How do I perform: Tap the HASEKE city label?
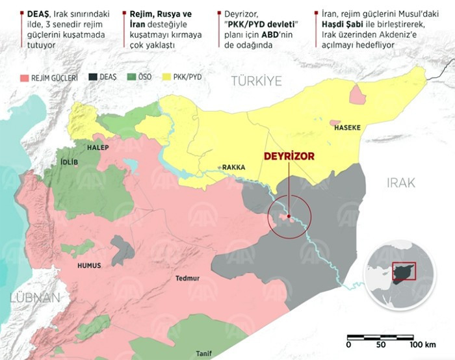point(347,128)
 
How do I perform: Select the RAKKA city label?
point(233,167)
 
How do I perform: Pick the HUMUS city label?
point(90,266)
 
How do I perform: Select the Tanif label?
point(203,354)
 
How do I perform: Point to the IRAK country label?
point(400,183)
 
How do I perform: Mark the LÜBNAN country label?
point(34,298)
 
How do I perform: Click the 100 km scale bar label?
point(424,344)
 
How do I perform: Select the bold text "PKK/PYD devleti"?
point(266,23)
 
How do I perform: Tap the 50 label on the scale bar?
point(382,344)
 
